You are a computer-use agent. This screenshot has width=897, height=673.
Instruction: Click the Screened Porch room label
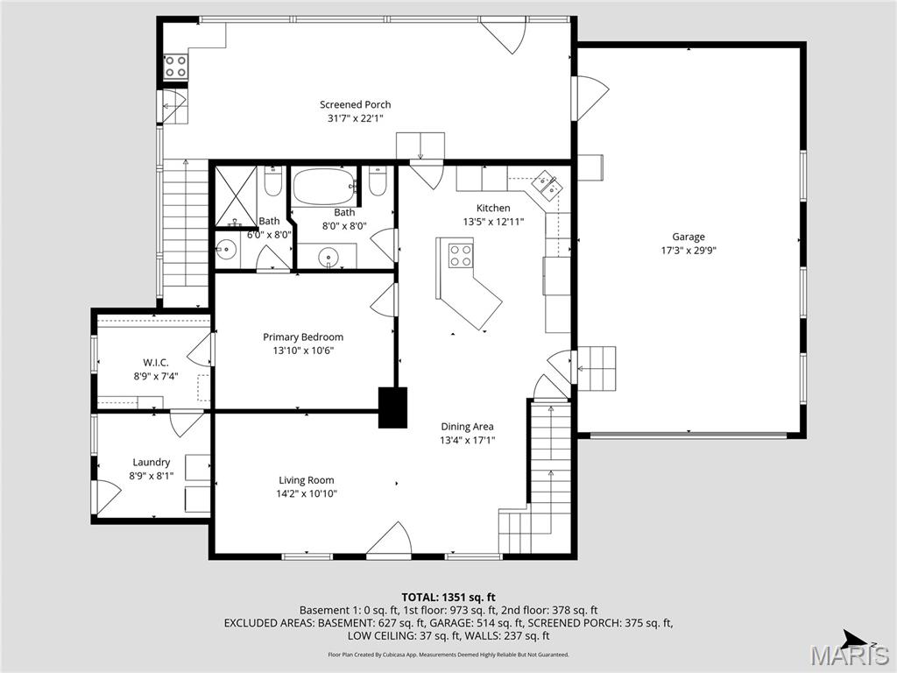point(355,105)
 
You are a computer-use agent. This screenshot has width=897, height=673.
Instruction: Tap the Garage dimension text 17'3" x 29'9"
point(688,250)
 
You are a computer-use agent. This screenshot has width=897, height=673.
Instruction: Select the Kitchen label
point(493,208)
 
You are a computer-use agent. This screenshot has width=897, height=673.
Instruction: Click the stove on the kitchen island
point(461,255)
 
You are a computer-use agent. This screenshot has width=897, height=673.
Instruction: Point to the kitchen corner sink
point(548,185)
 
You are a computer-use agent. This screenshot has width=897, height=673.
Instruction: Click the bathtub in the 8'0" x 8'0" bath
point(323,186)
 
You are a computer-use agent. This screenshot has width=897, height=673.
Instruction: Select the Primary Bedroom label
point(303,337)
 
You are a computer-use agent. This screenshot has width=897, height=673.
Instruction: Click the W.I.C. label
point(156,363)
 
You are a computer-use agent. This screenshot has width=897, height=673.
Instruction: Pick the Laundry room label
point(152,463)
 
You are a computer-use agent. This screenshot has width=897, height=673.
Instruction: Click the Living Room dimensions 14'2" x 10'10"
point(307,493)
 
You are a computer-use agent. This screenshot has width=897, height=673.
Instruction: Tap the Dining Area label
point(467,427)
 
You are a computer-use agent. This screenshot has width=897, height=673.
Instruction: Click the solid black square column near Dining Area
point(392,407)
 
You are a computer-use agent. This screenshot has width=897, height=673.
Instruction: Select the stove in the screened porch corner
point(175,67)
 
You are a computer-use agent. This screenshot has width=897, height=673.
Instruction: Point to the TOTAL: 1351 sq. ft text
point(448,596)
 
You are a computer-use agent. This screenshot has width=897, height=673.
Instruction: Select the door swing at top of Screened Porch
point(506,35)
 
